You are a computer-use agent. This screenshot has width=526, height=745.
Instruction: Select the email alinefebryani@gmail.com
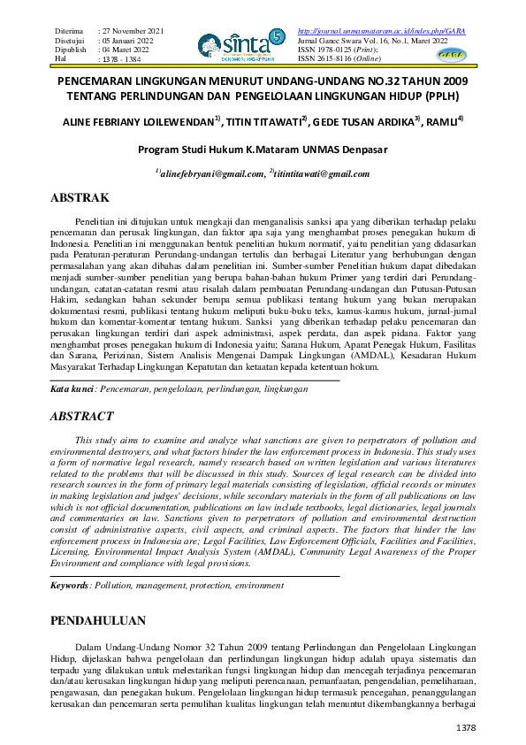click(x=211, y=173)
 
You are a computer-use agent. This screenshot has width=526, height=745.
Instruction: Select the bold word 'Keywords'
click(x=70, y=586)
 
